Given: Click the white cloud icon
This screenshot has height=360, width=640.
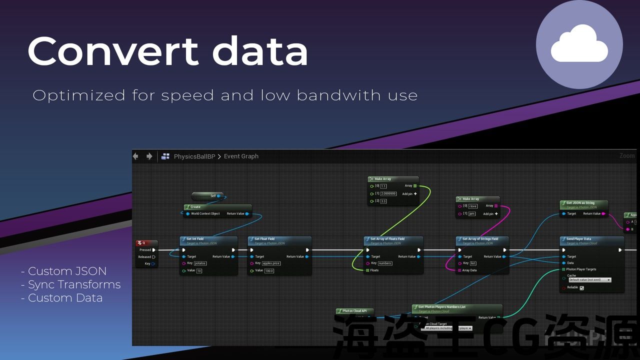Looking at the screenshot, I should click(x=579, y=45).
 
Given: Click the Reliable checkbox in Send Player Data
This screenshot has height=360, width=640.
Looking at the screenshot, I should click(x=581, y=288).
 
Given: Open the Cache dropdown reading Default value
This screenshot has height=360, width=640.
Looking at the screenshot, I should click(x=589, y=280).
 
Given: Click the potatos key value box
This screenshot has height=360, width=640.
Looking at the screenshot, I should click(x=200, y=263).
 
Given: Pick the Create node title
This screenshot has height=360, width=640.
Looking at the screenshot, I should click(x=195, y=207).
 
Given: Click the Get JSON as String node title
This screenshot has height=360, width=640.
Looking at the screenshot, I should click(x=581, y=203).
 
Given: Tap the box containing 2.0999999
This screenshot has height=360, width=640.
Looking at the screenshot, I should click(x=388, y=193).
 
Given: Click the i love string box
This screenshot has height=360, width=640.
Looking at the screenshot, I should click(x=473, y=206).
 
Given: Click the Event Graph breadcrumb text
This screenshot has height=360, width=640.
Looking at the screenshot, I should click(x=241, y=156).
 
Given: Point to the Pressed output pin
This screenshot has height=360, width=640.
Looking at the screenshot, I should click(x=154, y=250).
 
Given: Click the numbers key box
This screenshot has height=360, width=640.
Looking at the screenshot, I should click(x=385, y=263).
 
